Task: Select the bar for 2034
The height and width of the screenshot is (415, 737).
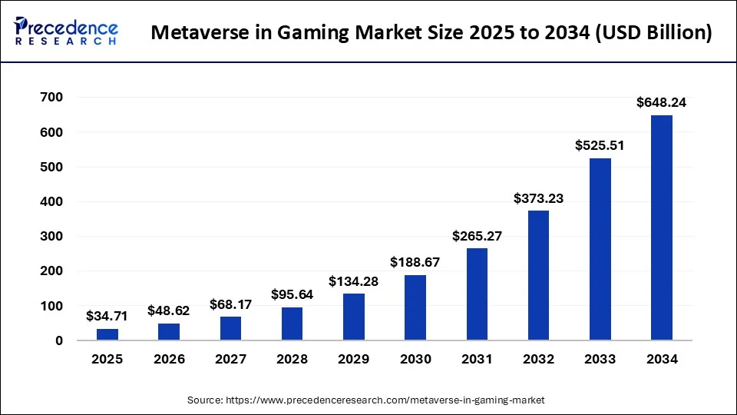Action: [x=661, y=227]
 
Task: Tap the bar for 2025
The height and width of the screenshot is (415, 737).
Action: [x=107, y=334]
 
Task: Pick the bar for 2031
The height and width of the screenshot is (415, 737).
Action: [x=477, y=294]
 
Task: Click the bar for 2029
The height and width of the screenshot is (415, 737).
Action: [x=353, y=317]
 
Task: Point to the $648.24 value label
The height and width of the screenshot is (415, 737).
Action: [x=661, y=102]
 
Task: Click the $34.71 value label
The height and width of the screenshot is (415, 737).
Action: [x=107, y=316]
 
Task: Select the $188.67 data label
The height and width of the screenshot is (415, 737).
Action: [x=415, y=262]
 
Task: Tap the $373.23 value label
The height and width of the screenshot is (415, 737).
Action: [x=538, y=198]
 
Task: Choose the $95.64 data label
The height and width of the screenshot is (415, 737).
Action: [x=292, y=294]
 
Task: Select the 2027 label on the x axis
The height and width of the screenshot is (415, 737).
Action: [x=230, y=359]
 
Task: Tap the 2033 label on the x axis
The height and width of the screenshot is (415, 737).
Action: [x=600, y=359]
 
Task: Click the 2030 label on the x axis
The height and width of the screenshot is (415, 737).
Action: [x=415, y=359]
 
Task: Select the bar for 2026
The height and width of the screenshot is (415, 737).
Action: [x=169, y=332]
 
